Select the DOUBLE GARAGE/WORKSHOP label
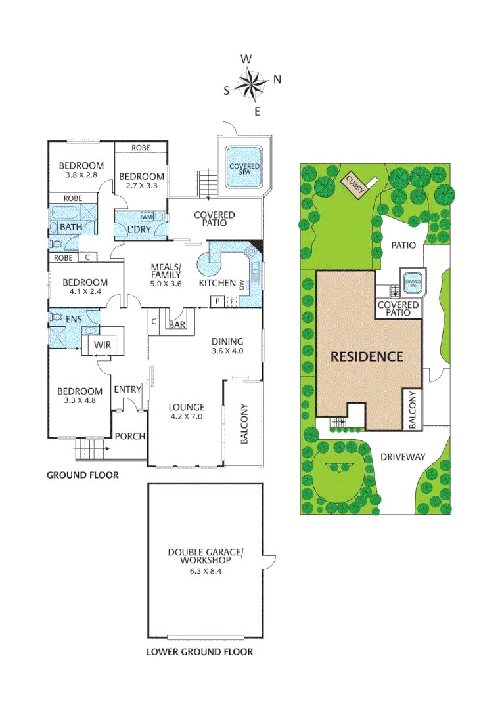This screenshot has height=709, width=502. click(205, 557)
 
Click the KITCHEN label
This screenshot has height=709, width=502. click(217, 284)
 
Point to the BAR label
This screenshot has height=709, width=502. click(177, 325)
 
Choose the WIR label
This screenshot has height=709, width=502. click(102, 345)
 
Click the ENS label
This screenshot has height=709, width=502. click(73, 319)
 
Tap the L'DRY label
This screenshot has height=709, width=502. click(139, 228)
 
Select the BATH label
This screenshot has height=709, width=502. click(71, 227)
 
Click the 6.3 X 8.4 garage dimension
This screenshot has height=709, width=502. click(205, 572)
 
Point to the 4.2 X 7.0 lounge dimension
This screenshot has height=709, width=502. click(186, 416)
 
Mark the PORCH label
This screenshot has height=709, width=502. click(129, 437)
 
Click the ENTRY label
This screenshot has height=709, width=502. click(127, 389)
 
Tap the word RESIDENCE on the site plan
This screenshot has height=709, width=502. click(366, 357)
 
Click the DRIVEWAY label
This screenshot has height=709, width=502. click(403, 457)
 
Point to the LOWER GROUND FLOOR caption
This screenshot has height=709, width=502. click(200, 652)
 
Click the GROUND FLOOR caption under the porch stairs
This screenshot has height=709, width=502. click(82, 475)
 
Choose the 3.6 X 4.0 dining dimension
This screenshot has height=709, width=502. click(227, 351)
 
